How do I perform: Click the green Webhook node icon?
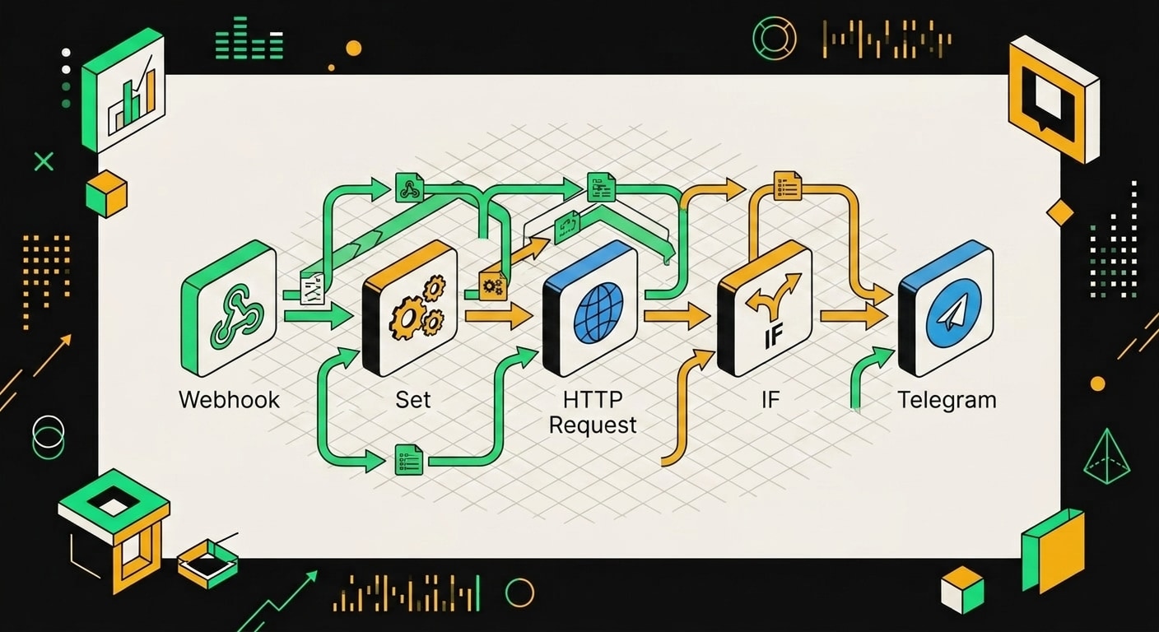pyautogui.click(x=229, y=309)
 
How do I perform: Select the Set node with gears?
pyautogui.click(x=410, y=309)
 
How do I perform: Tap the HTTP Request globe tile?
pyautogui.click(x=590, y=309)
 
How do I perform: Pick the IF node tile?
pyautogui.click(x=765, y=309)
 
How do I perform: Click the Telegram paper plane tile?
pyautogui.click(x=946, y=309)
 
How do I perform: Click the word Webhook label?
pyautogui.click(x=229, y=400)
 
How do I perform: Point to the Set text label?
pyautogui.click(x=413, y=400)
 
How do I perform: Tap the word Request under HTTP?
pyautogui.click(x=593, y=425)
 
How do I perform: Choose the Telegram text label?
pyautogui.click(x=947, y=401)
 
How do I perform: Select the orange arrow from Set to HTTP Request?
pyautogui.click(x=499, y=316)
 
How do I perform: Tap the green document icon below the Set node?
pyautogui.click(x=409, y=460)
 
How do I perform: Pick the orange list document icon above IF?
pyautogui.click(x=788, y=186)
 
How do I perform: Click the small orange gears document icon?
pyautogui.click(x=492, y=285)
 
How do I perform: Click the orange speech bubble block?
pyautogui.click(x=1054, y=98)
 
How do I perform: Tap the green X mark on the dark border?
pyautogui.click(x=44, y=162)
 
